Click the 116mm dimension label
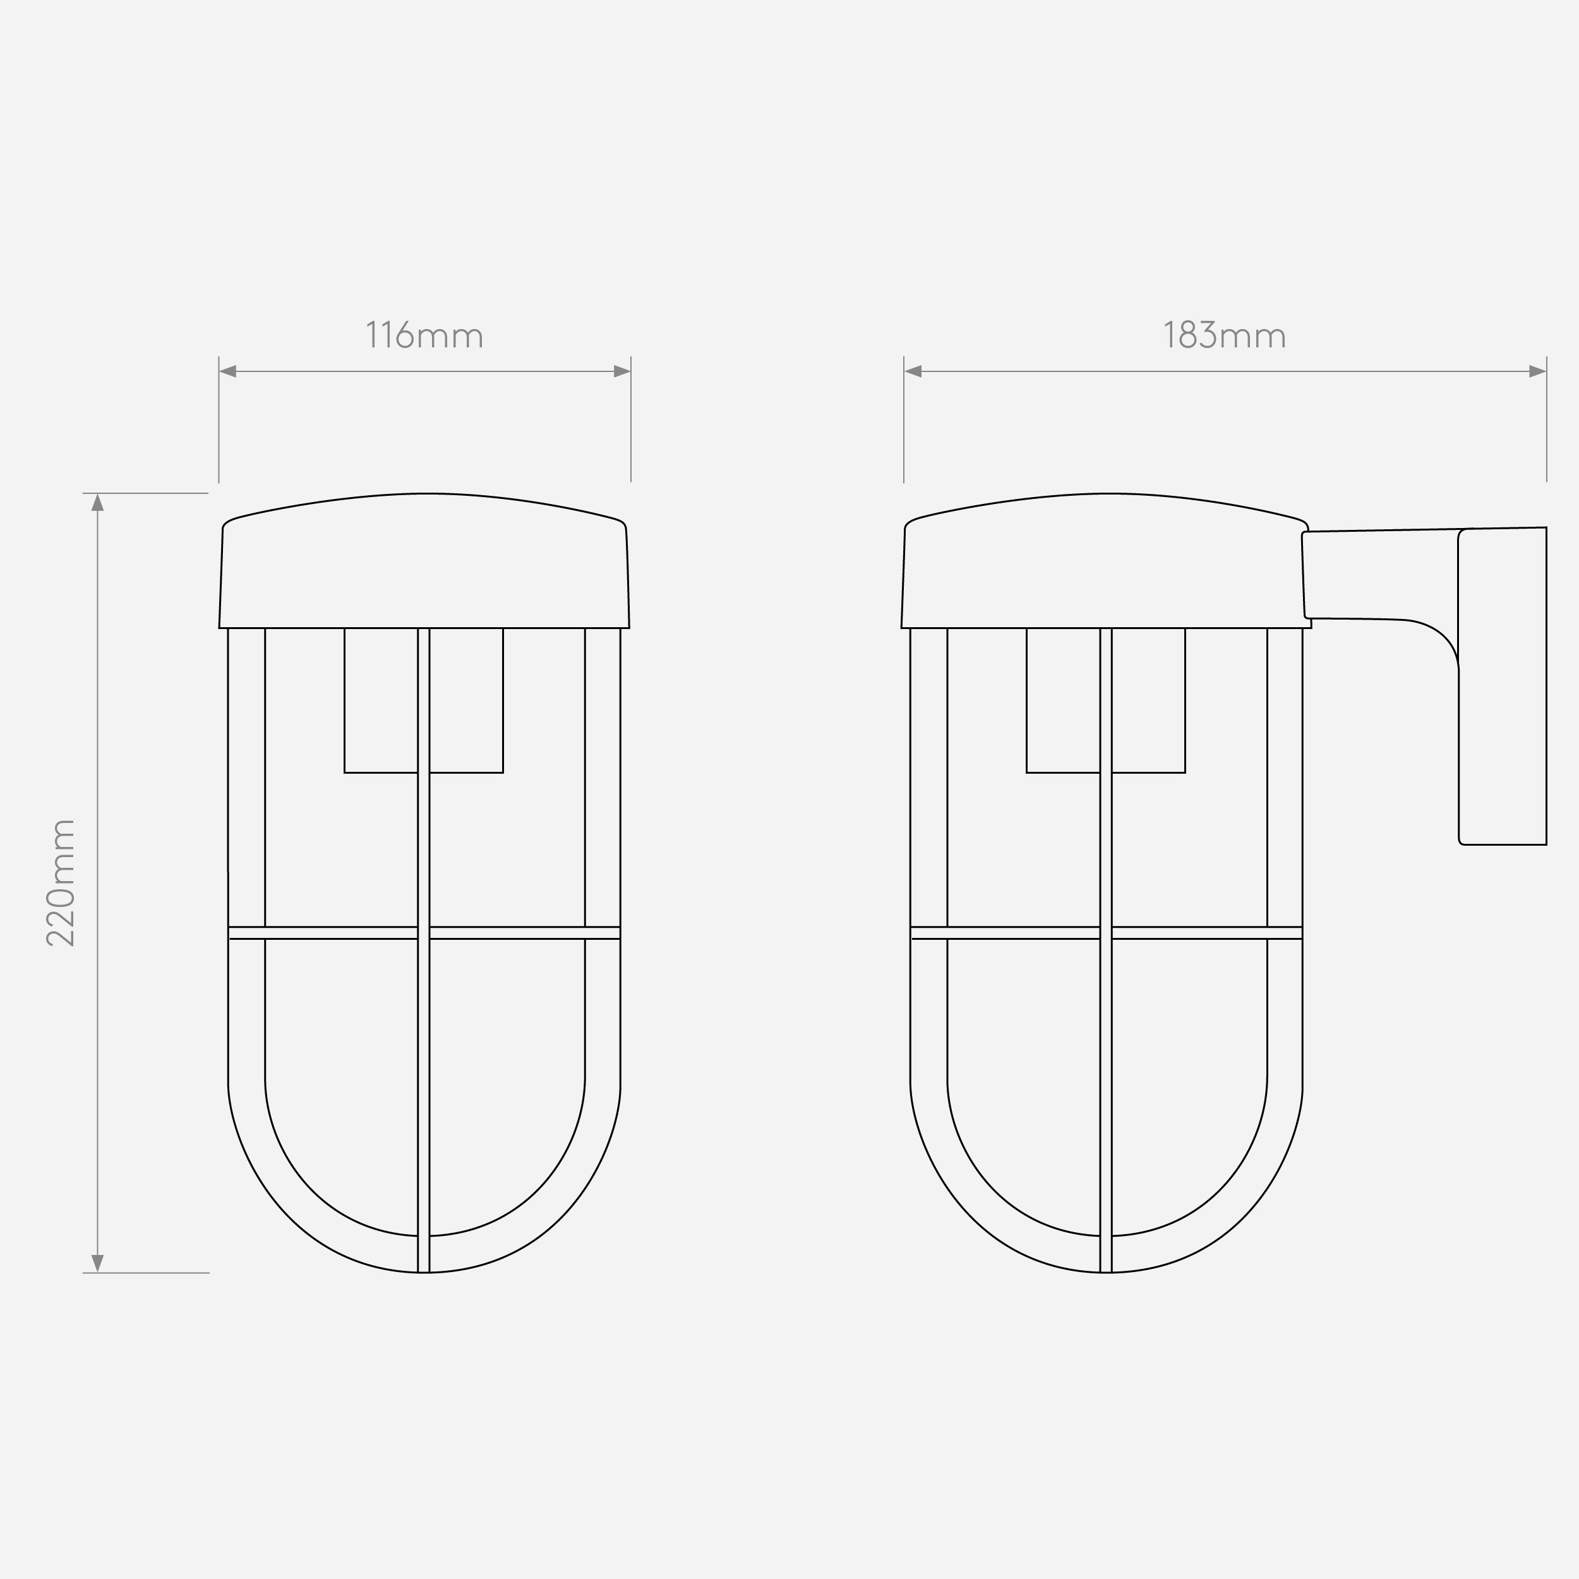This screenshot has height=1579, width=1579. (x=424, y=335)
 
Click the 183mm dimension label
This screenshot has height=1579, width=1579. (x=1224, y=335)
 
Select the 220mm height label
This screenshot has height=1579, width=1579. (x=61, y=883)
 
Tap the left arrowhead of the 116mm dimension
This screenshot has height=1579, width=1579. (x=228, y=371)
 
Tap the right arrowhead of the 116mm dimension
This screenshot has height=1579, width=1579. (x=622, y=371)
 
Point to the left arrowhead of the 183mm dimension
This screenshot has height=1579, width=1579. (x=913, y=371)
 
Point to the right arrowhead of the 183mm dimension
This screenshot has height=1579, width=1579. (x=1537, y=371)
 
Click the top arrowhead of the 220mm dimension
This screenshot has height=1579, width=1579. (x=97, y=502)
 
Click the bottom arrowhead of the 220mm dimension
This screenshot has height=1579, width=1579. (x=97, y=1264)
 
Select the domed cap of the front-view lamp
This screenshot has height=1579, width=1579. (x=424, y=561)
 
